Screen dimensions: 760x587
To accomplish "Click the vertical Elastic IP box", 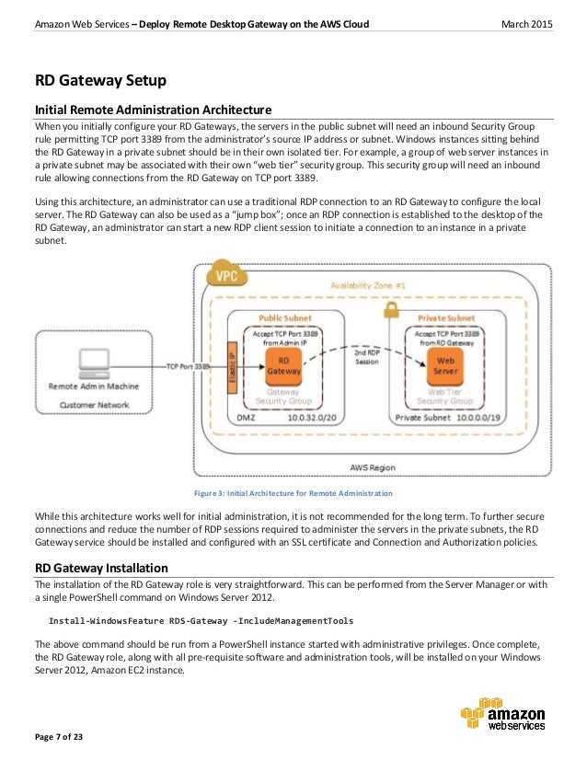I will pos(232,365).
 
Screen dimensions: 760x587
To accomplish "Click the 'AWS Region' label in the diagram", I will pos(372,467).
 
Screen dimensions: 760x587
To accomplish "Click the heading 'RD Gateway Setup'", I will pos(95,81).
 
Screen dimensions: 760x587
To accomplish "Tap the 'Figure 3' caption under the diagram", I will pos(293,494).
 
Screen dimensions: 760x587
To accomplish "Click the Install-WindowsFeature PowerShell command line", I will pos(200,619).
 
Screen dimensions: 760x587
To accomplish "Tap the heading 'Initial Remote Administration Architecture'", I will pos(153,109).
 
